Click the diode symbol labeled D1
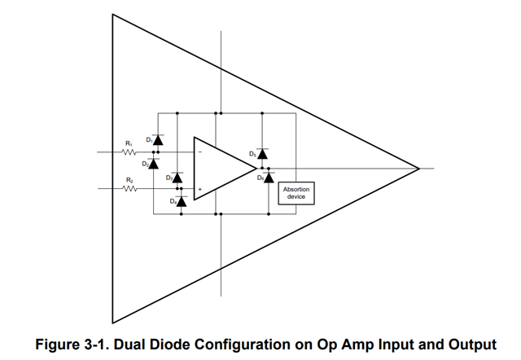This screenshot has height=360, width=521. click(x=158, y=140)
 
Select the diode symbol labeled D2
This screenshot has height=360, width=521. click(x=153, y=164)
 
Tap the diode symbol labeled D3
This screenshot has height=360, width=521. click(x=177, y=178)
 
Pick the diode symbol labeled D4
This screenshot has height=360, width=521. click(x=181, y=201)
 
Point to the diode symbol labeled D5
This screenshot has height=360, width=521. click(x=262, y=154)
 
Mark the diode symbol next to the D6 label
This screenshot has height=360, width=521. click(x=269, y=178)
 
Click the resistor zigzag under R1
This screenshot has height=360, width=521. click(x=129, y=152)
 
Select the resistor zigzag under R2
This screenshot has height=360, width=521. click(x=129, y=189)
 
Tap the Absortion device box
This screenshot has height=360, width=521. click(x=296, y=193)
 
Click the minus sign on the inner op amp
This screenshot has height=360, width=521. click(x=200, y=152)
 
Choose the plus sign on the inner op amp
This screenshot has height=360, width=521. click(x=200, y=189)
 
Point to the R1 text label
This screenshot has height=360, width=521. click(x=129, y=143)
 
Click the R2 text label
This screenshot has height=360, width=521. click(x=129, y=180)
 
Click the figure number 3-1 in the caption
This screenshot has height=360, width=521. click(x=95, y=345)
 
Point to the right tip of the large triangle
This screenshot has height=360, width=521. click(x=419, y=169)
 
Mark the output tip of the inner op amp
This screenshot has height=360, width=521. click(x=256, y=169)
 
